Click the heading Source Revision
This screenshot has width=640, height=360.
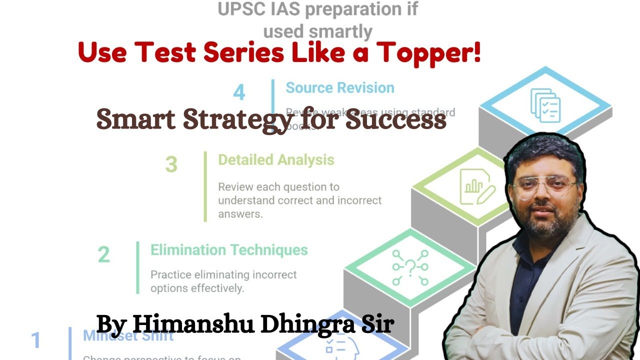tap(339, 88)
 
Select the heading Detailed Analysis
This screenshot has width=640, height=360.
tap(276, 160)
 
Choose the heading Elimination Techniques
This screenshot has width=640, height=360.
tap(229, 249)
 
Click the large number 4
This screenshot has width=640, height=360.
tap(239, 92)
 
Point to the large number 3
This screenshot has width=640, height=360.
tap(171, 164)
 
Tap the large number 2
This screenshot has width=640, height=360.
tap(103, 254)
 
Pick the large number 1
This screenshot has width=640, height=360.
tap(35, 340)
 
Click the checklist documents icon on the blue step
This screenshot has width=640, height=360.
tap(545, 105)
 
